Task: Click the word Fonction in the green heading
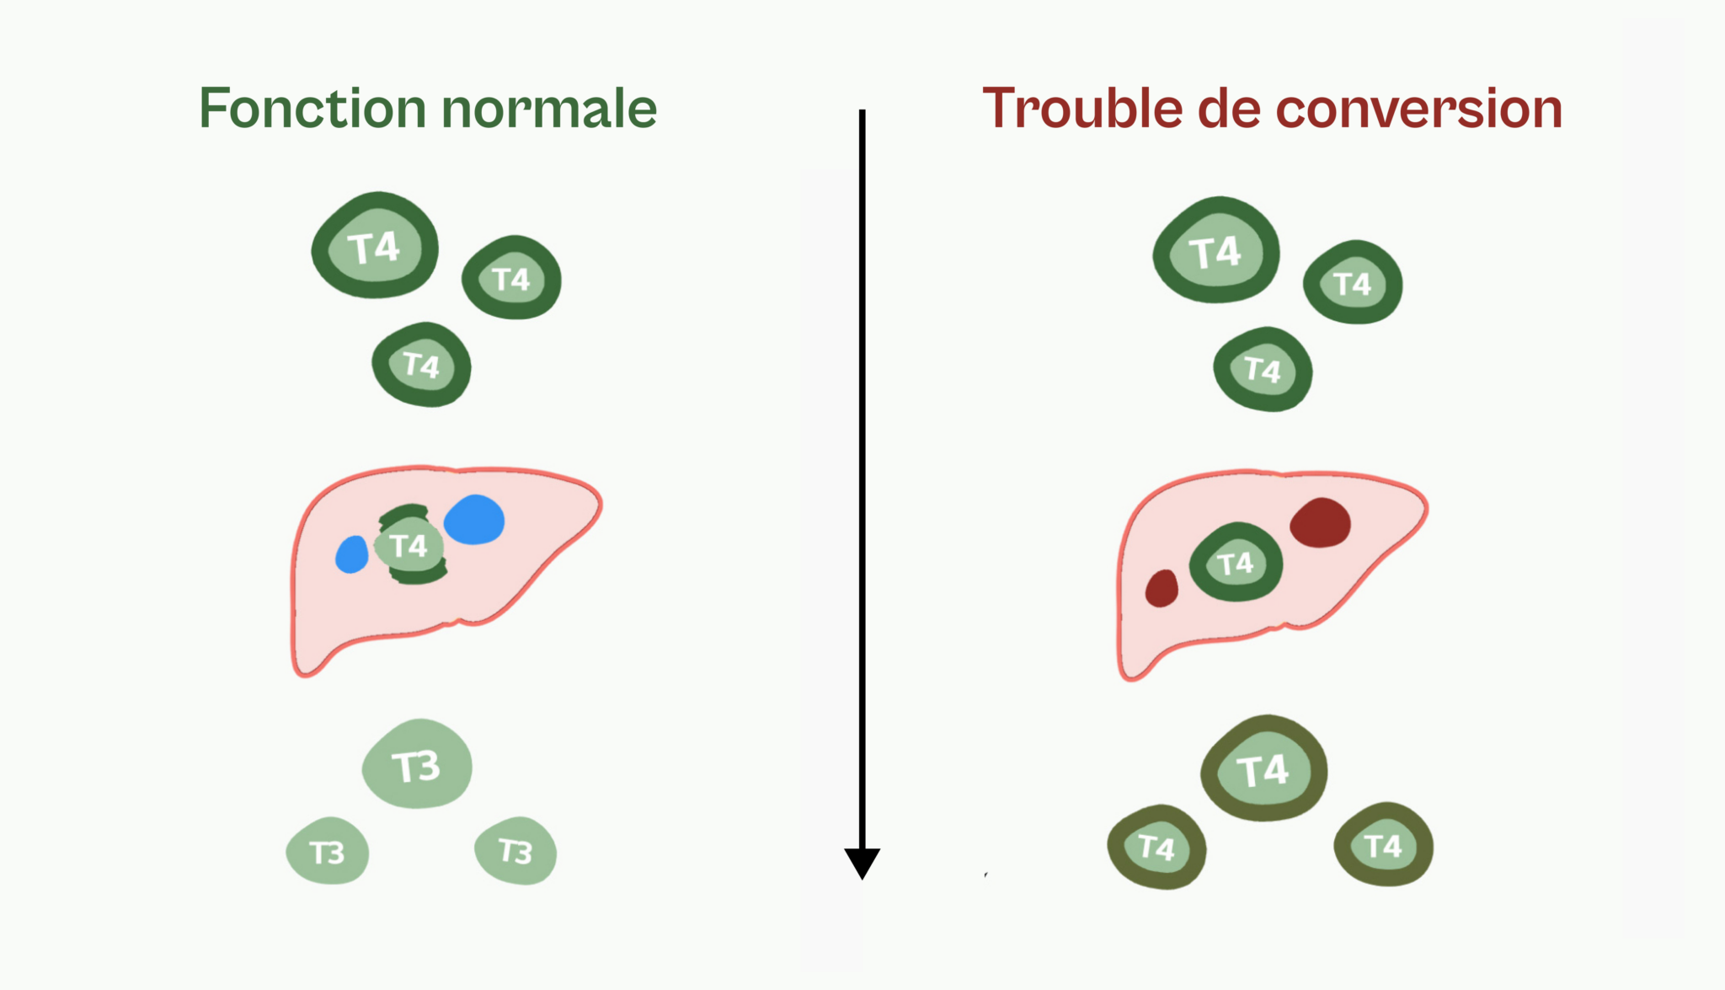click(312, 109)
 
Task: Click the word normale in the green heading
click(549, 109)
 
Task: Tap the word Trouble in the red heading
click(1082, 109)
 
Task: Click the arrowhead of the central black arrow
click(862, 864)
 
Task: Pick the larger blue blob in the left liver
click(474, 519)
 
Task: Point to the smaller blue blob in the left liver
click(352, 554)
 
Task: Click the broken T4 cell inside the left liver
click(411, 545)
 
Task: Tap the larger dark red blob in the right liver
click(1320, 522)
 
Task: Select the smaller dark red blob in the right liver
click(1162, 588)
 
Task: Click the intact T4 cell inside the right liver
click(1236, 562)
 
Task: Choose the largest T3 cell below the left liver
click(417, 764)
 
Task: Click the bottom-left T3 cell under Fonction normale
click(328, 851)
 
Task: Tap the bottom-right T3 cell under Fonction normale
click(515, 850)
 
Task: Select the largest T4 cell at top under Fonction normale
click(375, 245)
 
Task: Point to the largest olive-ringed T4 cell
click(1263, 768)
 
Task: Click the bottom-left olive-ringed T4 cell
click(1156, 847)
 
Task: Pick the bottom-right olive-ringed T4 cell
click(1384, 844)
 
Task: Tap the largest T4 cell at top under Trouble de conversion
click(1216, 250)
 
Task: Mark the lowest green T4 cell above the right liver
click(1263, 369)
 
